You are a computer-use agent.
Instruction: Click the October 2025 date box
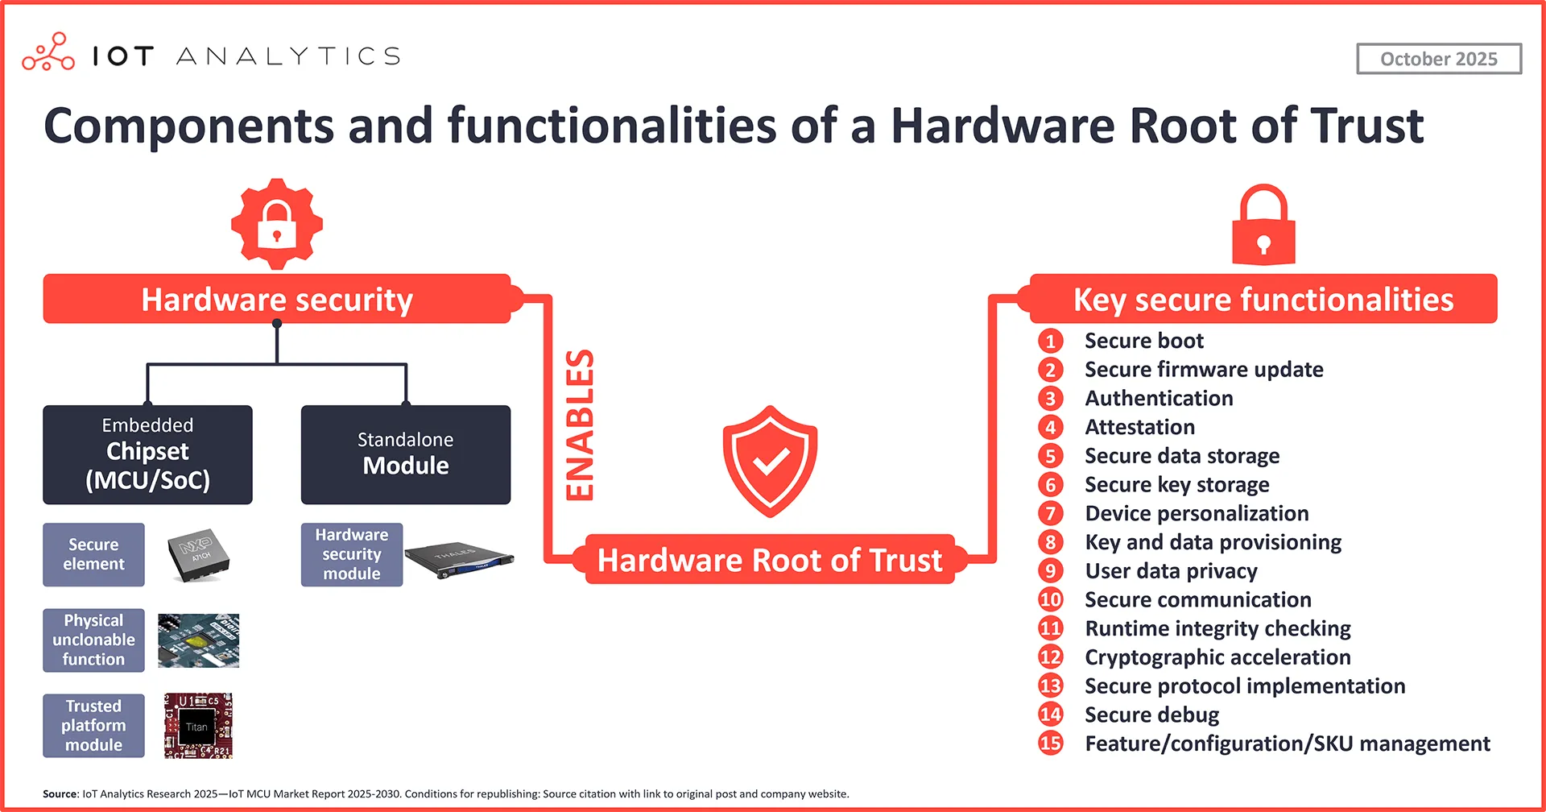[1438, 59]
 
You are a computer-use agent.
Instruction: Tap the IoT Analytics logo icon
[48, 52]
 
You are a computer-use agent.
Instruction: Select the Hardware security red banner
[277, 299]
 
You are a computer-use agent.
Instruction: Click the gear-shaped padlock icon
[277, 224]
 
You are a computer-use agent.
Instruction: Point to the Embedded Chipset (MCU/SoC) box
[147, 454]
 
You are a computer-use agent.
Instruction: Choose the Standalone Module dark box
[405, 454]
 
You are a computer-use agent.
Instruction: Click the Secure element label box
[93, 554]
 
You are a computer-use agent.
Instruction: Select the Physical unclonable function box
[93, 640]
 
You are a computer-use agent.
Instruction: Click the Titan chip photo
[198, 725]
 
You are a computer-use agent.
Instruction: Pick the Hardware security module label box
[351, 554]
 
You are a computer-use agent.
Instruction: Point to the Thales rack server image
[458, 559]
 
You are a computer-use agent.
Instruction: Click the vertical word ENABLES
[580, 425]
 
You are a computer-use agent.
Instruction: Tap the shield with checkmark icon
[770, 461]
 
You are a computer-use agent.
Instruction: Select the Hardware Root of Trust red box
[770, 560]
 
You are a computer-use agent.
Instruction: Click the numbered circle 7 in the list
[1050, 513]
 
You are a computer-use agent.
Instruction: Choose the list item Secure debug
[1151, 715]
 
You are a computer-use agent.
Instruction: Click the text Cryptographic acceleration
[1217, 657]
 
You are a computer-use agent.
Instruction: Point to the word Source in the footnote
[60, 793]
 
